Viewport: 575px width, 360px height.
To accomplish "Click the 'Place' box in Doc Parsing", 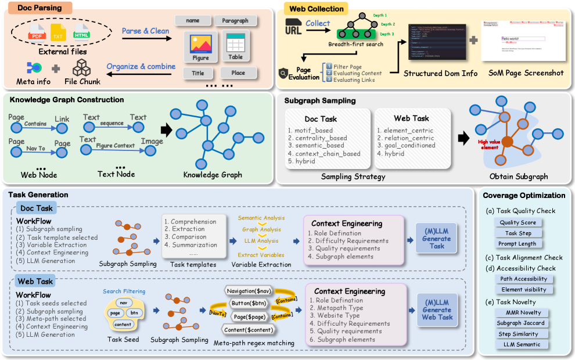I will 238,73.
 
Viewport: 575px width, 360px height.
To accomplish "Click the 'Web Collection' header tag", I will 316,9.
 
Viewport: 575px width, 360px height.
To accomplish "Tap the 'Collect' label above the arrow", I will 318,23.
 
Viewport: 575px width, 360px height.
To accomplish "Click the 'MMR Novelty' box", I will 519,313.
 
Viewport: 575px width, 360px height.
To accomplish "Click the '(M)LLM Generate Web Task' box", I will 437,309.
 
